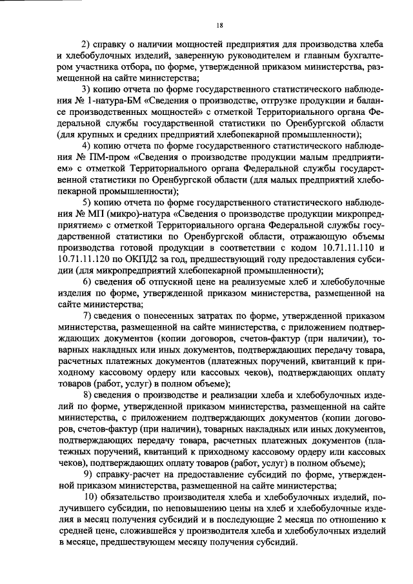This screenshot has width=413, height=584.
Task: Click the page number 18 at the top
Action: (219, 25)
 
